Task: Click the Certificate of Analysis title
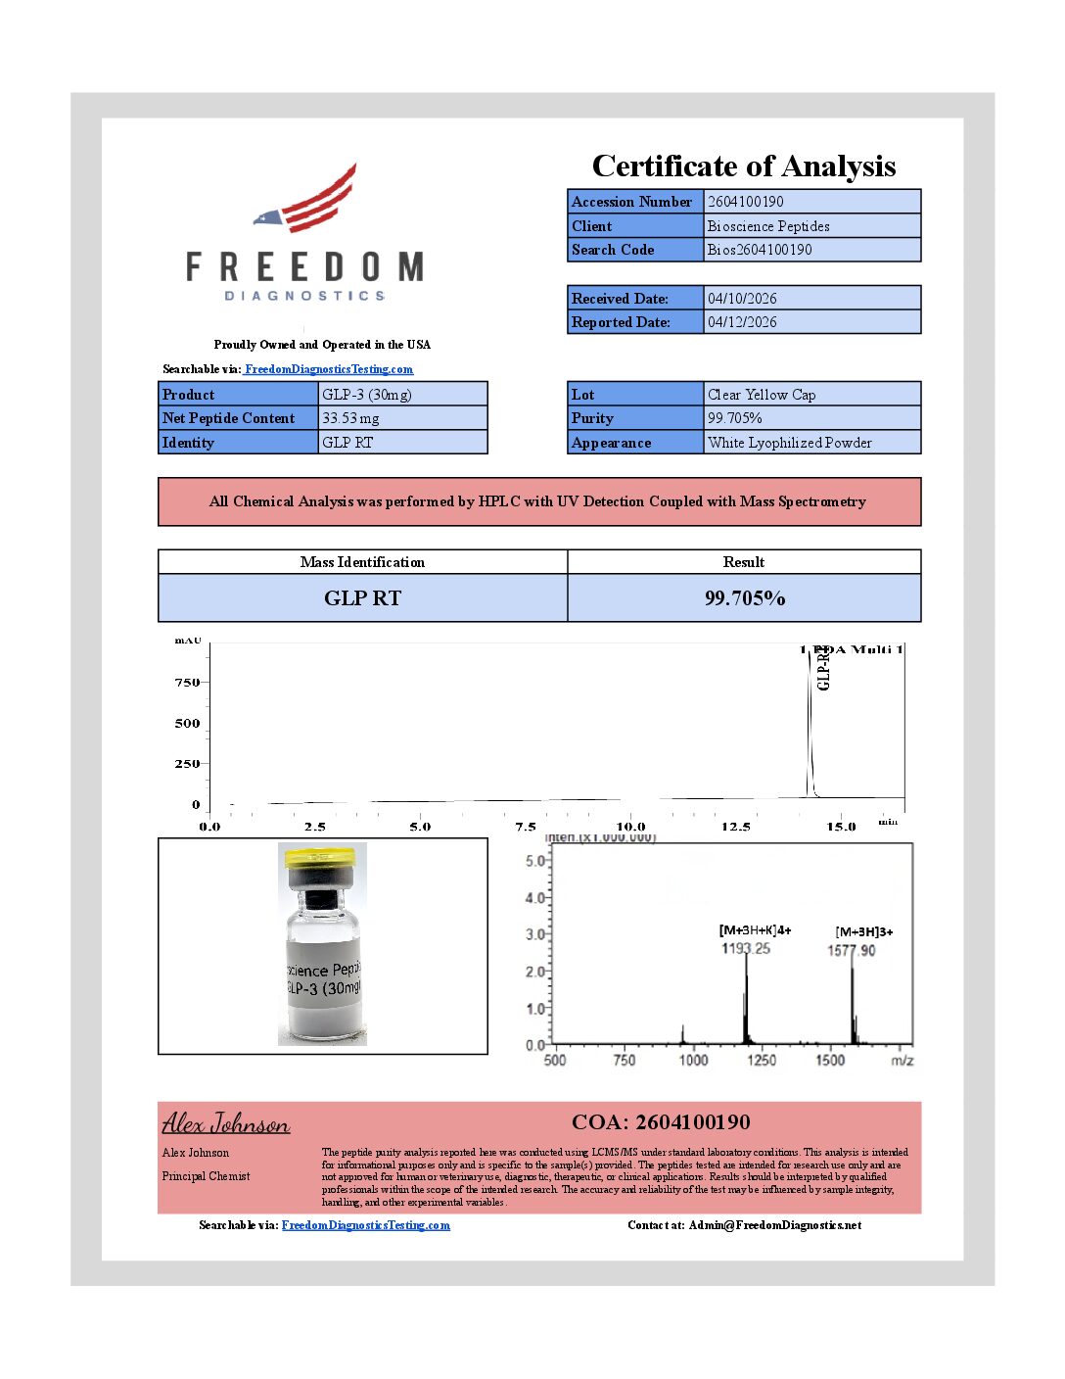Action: click(744, 166)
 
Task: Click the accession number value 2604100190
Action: click(746, 202)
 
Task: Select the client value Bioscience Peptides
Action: click(768, 226)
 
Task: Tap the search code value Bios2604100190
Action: click(760, 250)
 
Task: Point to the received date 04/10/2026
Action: click(742, 299)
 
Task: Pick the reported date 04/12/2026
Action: click(742, 322)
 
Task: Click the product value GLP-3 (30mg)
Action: click(367, 395)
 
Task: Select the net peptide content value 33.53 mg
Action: click(350, 418)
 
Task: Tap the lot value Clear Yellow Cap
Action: click(762, 395)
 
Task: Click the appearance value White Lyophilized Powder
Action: click(789, 443)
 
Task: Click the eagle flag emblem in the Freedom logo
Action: click(306, 200)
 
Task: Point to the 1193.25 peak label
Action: click(746, 948)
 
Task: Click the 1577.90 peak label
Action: click(852, 950)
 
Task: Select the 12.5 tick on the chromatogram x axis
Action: click(735, 827)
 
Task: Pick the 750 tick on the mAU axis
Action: click(187, 683)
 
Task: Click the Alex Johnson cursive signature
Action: click(226, 1123)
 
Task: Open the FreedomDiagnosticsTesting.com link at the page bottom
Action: click(366, 1225)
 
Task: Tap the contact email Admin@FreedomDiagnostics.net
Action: click(775, 1225)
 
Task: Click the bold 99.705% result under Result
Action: click(745, 598)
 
